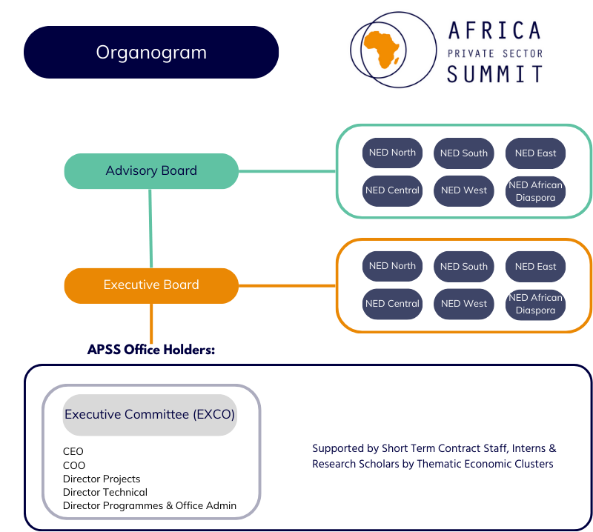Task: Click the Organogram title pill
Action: [x=151, y=53]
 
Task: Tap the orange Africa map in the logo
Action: [x=381, y=50]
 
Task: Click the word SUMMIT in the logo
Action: [x=494, y=74]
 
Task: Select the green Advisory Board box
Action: [x=151, y=171]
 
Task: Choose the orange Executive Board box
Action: [x=151, y=285]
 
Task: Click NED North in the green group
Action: [x=392, y=153]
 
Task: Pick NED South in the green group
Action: [x=464, y=153]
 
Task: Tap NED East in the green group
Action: [x=535, y=153]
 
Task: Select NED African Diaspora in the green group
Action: [x=535, y=191]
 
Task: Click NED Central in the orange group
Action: [x=392, y=304]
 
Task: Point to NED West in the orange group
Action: [x=464, y=304]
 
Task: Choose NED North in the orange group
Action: [x=392, y=266]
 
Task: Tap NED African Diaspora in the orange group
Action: [x=535, y=304]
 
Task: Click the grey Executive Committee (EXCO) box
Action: [x=150, y=415]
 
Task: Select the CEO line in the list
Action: [x=73, y=451]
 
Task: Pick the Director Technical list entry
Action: [x=105, y=492]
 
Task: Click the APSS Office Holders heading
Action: [x=151, y=349]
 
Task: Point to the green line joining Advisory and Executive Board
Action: [x=150, y=228]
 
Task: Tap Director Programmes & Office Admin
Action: [x=150, y=506]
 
